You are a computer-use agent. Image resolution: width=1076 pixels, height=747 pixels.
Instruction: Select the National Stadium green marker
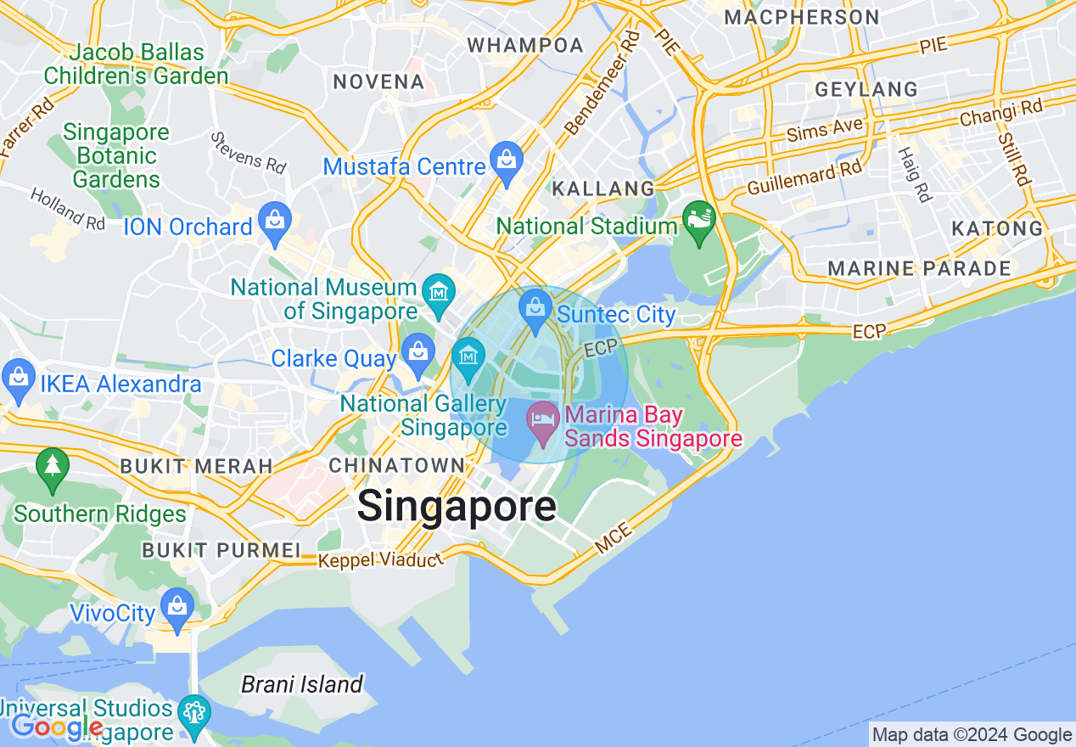(699, 221)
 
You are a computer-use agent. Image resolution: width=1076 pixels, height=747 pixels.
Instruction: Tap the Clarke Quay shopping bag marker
(418, 353)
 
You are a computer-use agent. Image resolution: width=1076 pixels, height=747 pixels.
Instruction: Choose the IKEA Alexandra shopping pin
(19, 379)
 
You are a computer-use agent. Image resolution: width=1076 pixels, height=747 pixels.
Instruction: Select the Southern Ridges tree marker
(53, 469)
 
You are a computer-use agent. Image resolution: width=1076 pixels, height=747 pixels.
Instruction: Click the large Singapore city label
(457, 507)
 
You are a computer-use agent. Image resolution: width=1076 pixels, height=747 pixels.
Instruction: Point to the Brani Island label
(302, 684)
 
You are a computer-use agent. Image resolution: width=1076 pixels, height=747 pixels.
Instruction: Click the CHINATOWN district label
(396, 465)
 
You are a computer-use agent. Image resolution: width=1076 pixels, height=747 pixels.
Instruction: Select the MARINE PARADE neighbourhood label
(919, 269)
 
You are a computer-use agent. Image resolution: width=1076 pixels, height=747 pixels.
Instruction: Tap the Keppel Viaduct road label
(380, 560)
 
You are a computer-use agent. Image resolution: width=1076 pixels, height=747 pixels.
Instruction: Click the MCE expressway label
(613, 540)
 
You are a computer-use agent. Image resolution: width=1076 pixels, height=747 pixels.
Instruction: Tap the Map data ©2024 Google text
(972, 735)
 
